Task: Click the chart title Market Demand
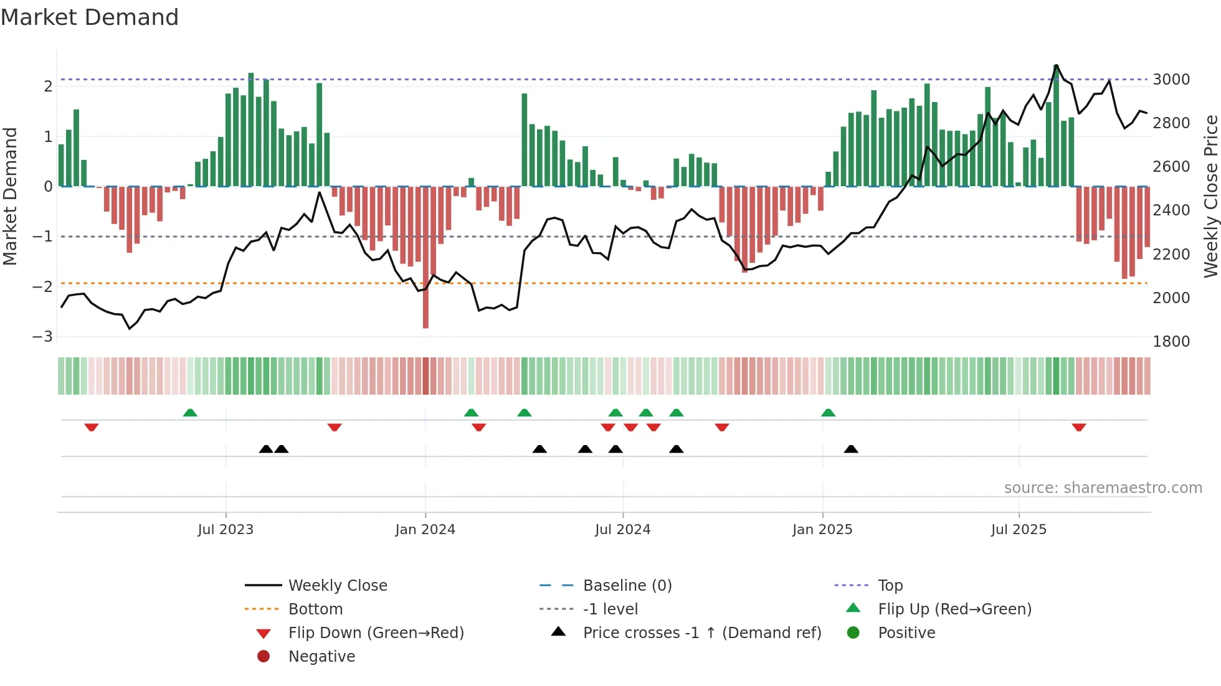click(90, 17)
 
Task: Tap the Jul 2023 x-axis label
click(226, 530)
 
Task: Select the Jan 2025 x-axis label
click(822, 530)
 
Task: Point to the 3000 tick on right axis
click(1171, 80)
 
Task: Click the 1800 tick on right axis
click(1171, 341)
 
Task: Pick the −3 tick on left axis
click(43, 337)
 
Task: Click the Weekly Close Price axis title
click(1210, 196)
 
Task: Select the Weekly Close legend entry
click(337, 585)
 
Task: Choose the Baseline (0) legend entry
click(627, 585)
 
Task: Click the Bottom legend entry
click(315, 609)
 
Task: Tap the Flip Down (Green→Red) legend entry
click(376, 632)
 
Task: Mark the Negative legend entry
click(321, 656)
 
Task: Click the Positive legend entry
click(906, 632)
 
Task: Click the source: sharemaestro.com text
click(1103, 488)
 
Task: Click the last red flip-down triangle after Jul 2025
click(1079, 427)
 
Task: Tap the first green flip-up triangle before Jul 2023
click(190, 413)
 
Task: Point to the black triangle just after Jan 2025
click(851, 449)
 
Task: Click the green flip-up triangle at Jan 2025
click(828, 413)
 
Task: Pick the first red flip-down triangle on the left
click(92, 427)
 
